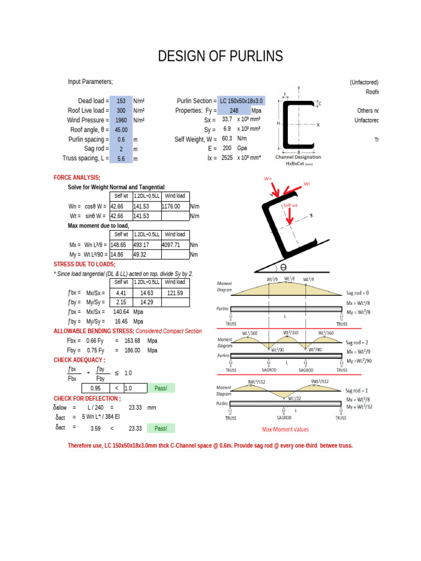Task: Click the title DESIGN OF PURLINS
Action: [220, 56]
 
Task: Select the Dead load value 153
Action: [121, 101]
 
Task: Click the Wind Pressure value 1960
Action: [121, 120]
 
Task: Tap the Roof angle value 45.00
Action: [121, 130]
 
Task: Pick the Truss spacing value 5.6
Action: [121, 158]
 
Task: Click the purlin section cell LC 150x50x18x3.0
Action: [242, 101]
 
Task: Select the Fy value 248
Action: [234, 111]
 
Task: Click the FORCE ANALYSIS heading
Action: [77, 178]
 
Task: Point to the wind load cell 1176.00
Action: [174, 207]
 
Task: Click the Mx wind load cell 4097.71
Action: [174, 245]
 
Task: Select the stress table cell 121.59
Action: [175, 293]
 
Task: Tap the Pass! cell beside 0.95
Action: [161, 388]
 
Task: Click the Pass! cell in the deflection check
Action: [161, 428]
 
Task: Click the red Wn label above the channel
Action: [268, 179]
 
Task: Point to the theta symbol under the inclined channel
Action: [283, 267]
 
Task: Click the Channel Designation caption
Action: [298, 157]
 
